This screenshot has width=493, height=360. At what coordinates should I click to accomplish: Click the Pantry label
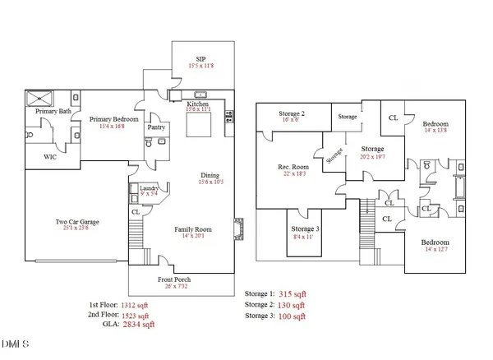coord(156,127)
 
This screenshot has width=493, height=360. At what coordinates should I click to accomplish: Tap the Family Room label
coord(194,229)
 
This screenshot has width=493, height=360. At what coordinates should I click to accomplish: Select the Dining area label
coord(210,174)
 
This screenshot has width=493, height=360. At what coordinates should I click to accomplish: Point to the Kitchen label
coord(197,104)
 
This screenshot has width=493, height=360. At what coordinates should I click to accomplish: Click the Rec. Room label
coord(293,167)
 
